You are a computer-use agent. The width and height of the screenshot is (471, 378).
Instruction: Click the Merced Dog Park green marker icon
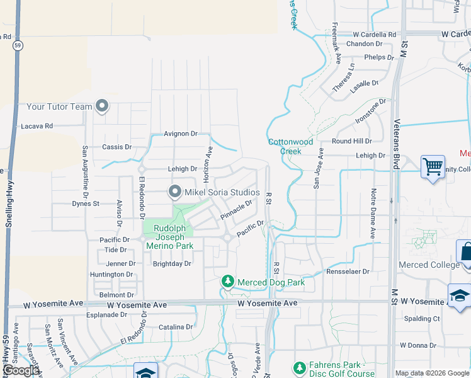pos(228,282)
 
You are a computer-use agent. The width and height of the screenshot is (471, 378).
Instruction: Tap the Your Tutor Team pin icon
pos(102,106)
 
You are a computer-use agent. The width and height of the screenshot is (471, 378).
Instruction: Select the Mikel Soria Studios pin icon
pos(175,191)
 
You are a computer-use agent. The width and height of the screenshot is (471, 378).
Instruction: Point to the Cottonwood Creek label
pos(293,146)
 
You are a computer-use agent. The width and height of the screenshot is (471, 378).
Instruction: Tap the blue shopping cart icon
pos(433,167)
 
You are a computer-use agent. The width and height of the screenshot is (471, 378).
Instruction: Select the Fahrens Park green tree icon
pos(300,367)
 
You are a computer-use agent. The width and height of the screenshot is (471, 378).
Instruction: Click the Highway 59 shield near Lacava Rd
pos(18,45)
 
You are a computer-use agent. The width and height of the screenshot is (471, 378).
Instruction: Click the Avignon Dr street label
pos(181,134)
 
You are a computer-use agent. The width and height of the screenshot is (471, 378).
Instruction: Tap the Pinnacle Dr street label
pos(236,210)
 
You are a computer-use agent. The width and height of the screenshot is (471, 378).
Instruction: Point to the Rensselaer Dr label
pos(348,271)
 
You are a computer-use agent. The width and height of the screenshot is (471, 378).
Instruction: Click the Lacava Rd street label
pos(37,126)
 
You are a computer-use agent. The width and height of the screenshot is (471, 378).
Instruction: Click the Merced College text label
pos(430,265)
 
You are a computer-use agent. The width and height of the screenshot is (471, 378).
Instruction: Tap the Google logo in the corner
pos(20,370)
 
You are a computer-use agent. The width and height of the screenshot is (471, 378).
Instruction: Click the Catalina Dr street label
pos(176,327)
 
